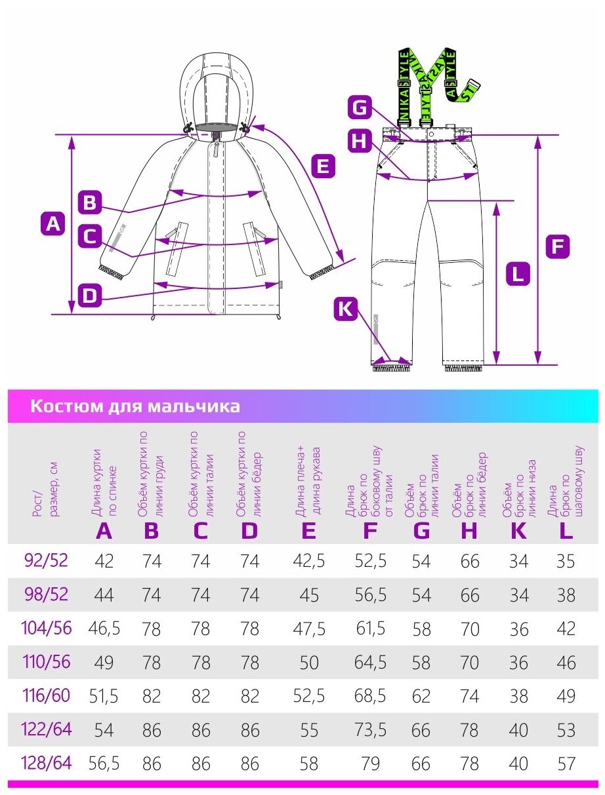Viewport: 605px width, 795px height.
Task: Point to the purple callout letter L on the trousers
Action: point(518,273)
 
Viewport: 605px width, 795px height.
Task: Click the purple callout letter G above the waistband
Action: point(360,107)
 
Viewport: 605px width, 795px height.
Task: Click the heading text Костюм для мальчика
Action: point(135,406)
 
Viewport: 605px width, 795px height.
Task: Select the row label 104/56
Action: point(47,628)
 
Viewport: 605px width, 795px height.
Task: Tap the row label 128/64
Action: point(47,763)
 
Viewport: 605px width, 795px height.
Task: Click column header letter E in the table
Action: point(308,530)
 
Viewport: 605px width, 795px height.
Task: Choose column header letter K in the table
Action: point(518,530)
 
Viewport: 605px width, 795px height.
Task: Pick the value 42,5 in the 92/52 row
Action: point(308,561)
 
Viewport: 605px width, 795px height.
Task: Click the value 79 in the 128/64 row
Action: point(371,764)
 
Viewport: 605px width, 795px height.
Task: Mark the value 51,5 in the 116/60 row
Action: point(104,696)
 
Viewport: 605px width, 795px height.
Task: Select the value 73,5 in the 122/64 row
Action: point(371,729)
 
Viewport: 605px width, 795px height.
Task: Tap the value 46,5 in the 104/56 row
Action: point(104,629)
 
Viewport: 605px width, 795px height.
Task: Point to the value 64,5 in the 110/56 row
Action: point(371,662)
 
